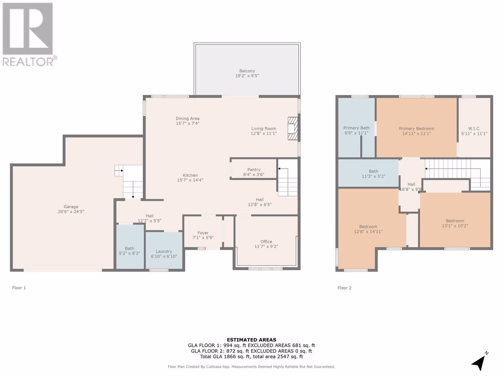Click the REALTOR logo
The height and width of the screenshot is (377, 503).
point(30,34)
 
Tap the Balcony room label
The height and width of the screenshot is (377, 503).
point(247,71)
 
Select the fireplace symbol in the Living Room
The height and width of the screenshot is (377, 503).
point(293,128)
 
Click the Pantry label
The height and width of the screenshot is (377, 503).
point(254,170)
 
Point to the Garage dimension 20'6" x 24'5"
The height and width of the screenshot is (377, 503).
point(71,212)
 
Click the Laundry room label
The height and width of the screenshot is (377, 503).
point(164,251)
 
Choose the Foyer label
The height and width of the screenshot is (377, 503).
point(203,233)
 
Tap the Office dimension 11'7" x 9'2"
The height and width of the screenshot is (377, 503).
point(266,247)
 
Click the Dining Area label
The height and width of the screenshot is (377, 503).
point(187,118)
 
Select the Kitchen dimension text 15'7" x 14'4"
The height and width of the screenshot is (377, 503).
point(190,180)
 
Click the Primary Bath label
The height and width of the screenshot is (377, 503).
point(356,128)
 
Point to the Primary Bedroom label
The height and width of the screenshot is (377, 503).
point(417,128)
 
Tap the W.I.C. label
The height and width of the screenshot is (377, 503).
point(474,128)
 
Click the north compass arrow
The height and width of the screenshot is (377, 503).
point(479,362)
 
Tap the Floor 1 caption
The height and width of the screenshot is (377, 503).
point(19,288)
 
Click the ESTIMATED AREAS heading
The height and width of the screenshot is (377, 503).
point(251,340)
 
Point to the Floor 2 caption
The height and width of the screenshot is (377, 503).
point(345,288)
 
